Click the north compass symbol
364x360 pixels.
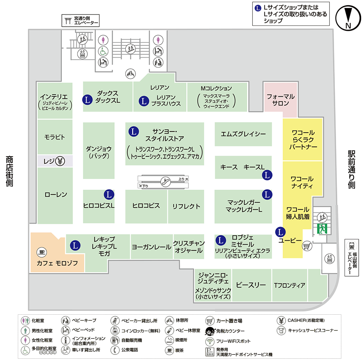348,18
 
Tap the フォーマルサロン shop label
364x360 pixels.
281,100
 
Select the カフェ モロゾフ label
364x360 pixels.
57,263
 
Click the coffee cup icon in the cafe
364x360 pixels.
40,252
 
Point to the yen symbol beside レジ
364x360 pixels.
60,161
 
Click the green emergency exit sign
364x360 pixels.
322,229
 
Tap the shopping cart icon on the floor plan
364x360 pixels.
307,245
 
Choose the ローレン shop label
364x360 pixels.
56,195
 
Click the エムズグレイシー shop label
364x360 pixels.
243,134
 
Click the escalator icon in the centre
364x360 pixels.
164,181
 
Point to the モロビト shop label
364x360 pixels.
55,137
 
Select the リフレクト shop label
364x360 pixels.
186,206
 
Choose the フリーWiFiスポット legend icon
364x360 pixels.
210,341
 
